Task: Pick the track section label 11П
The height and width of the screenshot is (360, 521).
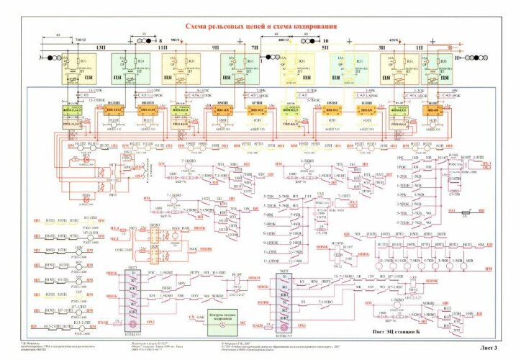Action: (x=161, y=46)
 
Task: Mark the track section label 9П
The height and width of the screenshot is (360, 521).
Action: (x=215, y=46)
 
